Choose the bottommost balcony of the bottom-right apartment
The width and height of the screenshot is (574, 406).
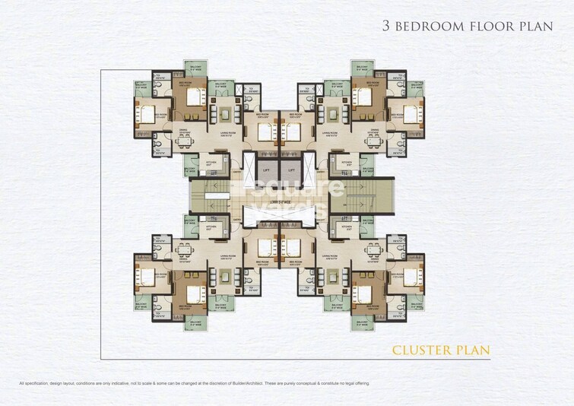(363, 322)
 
